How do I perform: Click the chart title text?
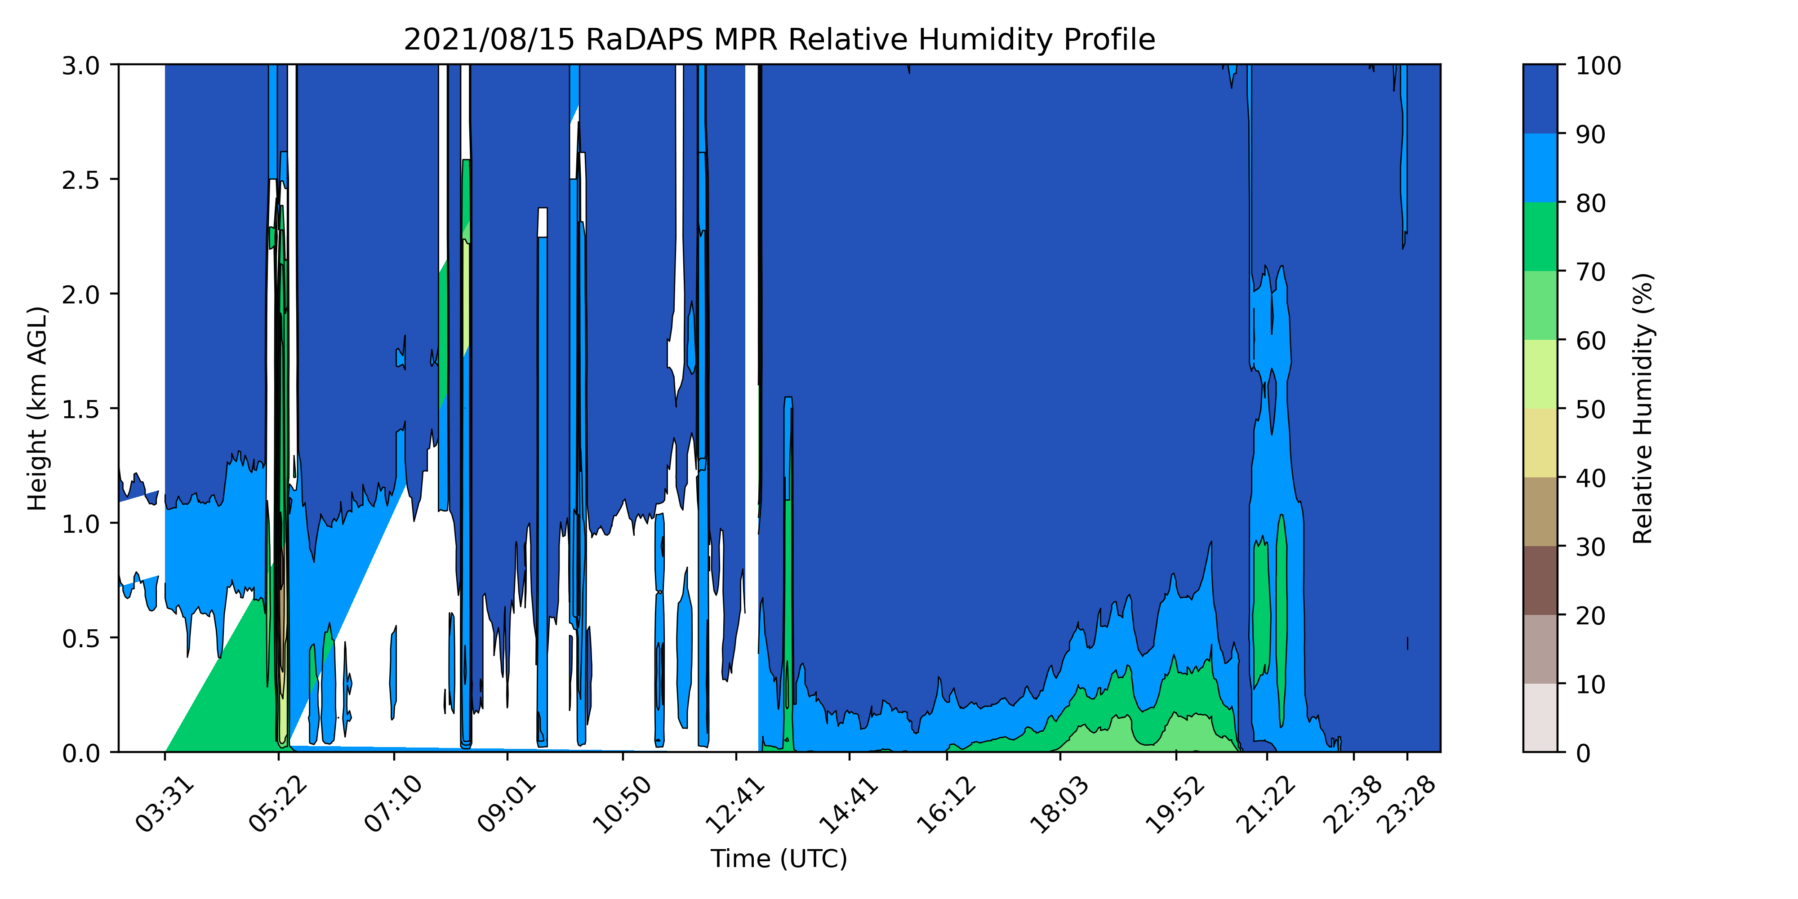coord(779,40)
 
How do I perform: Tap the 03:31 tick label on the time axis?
coord(165,804)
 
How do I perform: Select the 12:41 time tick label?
coord(736,804)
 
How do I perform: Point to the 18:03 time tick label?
coord(1059,804)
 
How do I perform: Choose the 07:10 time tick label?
coord(394,804)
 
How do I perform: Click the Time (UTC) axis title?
coord(779,859)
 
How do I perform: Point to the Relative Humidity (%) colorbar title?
coord(1642,408)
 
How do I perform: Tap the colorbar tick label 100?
coord(1598,67)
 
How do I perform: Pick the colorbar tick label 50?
coord(1591,409)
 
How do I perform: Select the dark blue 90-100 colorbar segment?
coord(1540,99)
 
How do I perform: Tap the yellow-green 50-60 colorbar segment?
coord(1540,374)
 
